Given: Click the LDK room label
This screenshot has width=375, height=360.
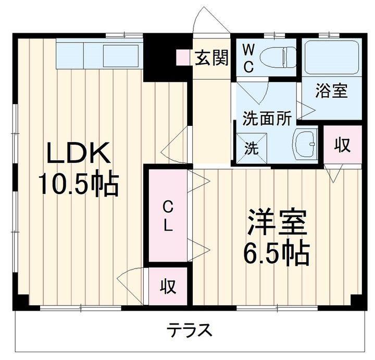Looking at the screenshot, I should (x=79, y=154).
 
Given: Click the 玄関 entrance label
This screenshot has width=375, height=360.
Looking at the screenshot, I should (x=212, y=58).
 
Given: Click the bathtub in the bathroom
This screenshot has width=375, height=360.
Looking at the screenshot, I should (x=331, y=58).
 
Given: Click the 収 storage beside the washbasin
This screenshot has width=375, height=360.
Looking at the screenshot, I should (x=342, y=145).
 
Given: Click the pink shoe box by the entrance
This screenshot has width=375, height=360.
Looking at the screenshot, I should (x=183, y=57).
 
